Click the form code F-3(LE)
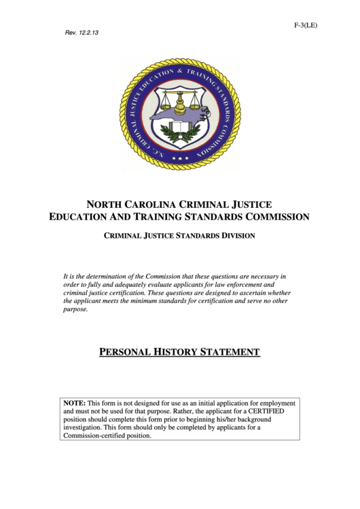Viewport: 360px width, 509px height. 306,25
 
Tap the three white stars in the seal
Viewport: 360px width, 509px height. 180,158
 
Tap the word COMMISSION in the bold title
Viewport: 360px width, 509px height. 271,217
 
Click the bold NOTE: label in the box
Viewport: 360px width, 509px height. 75,403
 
